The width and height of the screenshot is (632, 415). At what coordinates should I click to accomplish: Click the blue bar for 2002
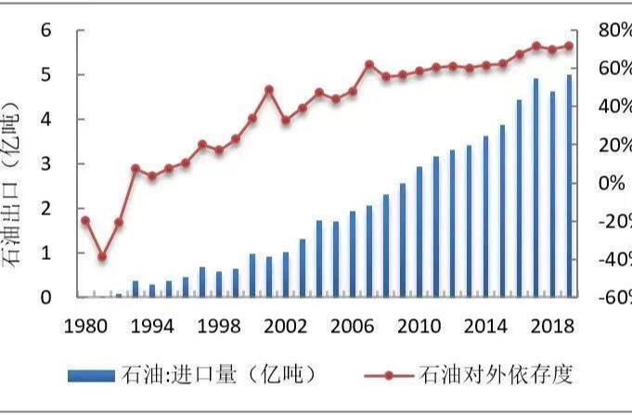click(286, 274)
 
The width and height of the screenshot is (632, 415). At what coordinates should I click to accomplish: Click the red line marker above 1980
click(85, 220)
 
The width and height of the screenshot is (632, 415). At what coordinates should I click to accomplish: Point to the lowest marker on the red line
click(102, 257)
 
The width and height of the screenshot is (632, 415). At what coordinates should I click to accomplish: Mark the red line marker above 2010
click(419, 71)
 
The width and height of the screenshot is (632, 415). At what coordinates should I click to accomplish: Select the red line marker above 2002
click(286, 120)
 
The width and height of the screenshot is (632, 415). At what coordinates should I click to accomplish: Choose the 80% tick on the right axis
click(613, 30)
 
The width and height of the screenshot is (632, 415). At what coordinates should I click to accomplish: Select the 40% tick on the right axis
click(613, 107)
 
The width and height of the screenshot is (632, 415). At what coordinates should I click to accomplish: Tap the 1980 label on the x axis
click(85, 326)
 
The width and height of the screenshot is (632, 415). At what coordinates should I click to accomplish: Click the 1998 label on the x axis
click(219, 326)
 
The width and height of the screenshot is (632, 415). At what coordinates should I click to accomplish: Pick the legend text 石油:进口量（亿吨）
click(219, 374)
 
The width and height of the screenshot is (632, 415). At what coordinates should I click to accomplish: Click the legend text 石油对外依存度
click(497, 374)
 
